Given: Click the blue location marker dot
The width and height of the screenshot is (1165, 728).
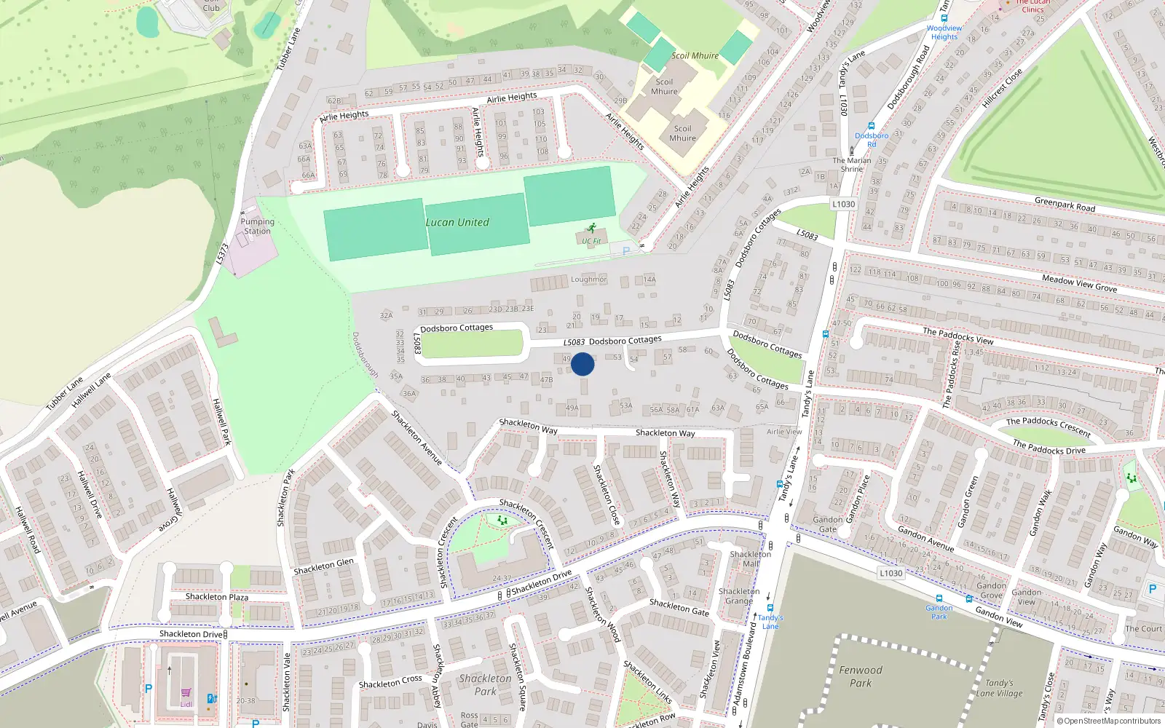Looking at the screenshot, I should click(x=582, y=364).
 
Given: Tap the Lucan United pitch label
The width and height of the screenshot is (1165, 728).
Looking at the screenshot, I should click(x=457, y=222).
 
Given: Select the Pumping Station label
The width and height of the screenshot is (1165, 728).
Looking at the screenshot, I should click(x=257, y=226).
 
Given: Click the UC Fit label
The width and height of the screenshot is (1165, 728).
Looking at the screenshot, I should click(x=591, y=241).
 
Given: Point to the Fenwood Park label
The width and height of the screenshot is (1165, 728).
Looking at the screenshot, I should click(x=860, y=676).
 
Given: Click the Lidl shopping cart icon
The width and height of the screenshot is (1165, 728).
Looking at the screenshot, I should click(x=186, y=694).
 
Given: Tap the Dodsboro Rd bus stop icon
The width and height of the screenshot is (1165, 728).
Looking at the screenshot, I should click(x=872, y=126).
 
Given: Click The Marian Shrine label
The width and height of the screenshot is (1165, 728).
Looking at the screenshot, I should click(x=852, y=165).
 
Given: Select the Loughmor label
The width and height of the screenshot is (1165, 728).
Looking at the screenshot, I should click(x=588, y=279).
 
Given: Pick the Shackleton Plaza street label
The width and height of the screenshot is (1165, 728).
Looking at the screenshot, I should click(x=216, y=597).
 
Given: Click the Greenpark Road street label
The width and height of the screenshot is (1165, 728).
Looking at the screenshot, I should click(x=1065, y=204).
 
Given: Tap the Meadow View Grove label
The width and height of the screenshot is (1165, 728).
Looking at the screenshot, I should click(x=1079, y=283).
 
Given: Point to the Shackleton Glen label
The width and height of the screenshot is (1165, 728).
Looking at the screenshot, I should click(x=323, y=566).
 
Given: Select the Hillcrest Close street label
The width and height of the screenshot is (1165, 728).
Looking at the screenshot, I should click(x=1002, y=88).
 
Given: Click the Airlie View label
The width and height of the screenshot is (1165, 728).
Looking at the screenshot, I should click(x=784, y=432).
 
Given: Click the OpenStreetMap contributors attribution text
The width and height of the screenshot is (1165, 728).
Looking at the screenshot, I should click(x=1112, y=721).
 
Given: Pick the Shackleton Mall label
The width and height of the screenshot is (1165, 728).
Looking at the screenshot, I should click(x=750, y=558).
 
